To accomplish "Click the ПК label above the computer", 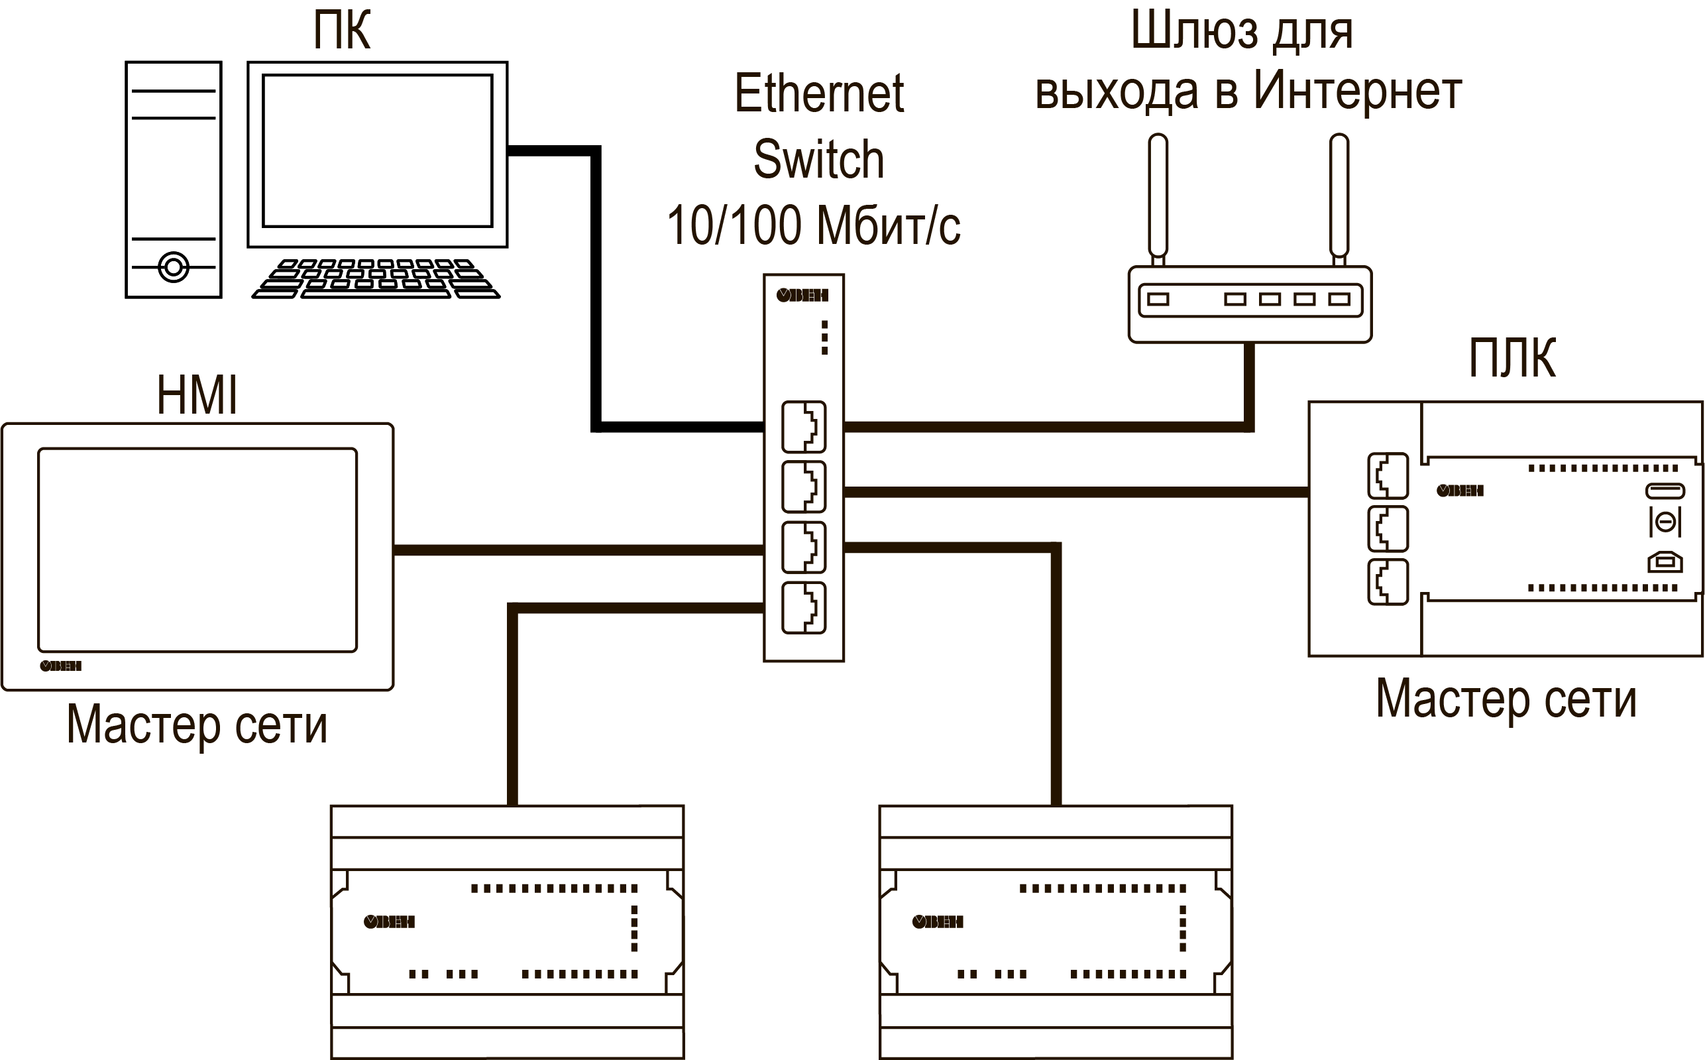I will pos(341,31).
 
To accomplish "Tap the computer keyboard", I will pos(376,279).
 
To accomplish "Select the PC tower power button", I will pos(173,267).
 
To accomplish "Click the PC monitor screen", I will pos(377,150).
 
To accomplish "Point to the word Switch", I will pos(818,159).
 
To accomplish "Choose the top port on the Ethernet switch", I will pos(803,426).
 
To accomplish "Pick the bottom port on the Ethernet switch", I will pos(803,608).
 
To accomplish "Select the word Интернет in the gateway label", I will pos(1356,91).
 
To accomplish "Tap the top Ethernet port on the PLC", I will pos(1388,475).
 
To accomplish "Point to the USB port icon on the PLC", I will pos(1665,562).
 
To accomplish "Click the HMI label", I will pos(197,395).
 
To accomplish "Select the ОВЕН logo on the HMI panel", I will pos(61,666).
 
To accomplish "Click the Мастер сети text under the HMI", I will pos(197,725).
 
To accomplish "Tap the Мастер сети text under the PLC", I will pos(1506,699).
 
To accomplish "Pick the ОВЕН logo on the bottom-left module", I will pos(390,922).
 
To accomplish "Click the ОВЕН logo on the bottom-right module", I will pos(938,922).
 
